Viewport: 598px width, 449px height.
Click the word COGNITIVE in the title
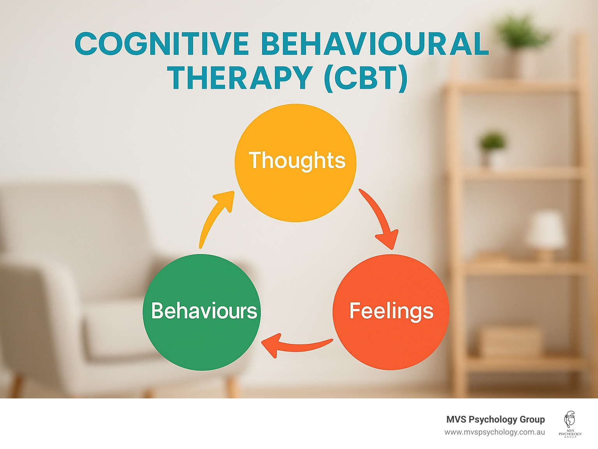pos(162,44)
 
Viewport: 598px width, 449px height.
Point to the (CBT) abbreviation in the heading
pos(366,78)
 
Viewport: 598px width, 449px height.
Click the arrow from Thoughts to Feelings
pos(380,218)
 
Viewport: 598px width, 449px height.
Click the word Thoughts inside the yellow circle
pos(297,160)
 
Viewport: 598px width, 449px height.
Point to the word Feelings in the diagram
pos(391,311)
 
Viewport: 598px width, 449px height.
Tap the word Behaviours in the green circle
pos(204,311)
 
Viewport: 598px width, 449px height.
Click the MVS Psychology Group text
pos(495,419)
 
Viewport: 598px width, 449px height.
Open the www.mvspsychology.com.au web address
pos(494,432)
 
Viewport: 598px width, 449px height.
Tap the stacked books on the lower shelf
pos(510,341)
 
